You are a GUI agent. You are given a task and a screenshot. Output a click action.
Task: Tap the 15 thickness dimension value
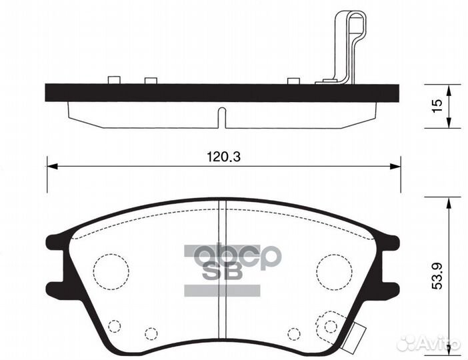[x=437, y=105]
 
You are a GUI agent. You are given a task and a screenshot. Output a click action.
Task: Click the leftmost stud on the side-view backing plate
[x=113, y=81]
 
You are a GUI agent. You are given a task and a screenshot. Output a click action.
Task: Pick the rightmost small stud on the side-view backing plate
[x=293, y=81]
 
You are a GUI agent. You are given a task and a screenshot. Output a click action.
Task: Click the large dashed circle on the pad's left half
[x=111, y=271]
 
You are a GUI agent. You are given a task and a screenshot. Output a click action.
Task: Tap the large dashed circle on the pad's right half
[x=334, y=271]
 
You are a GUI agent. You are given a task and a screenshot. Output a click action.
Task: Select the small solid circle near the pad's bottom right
[x=329, y=326]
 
